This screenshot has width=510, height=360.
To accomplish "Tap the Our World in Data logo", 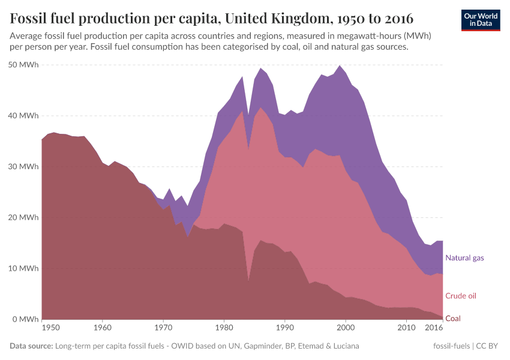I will pyautogui.click(x=480, y=20).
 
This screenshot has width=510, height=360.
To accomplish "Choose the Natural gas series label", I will pyautogui.click(x=464, y=258).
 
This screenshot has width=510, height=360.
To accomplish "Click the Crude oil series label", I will pyautogui.click(x=461, y=296).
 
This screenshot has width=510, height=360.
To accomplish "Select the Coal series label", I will pyautogui.click(x=453, y=319).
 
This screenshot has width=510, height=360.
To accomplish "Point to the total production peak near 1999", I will pyautogui.click(x=340, y=65).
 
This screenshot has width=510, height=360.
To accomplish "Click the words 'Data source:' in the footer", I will pyautogui.click(x=31, y=346).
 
